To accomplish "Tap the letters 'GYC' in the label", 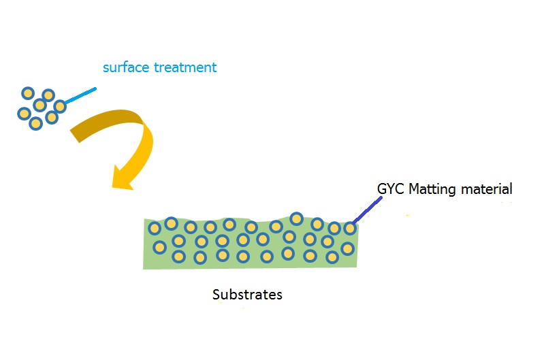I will [390, 189].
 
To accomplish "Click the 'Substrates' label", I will [247, 295].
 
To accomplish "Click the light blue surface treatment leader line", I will [80, 96].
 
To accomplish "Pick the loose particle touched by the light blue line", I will [60, 106].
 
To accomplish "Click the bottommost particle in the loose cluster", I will [36, 124].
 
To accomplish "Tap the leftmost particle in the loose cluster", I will [24, 113].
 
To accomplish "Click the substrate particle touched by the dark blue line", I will [350, 229].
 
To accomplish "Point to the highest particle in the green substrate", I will [296, 218].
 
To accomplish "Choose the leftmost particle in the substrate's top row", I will [155, 229].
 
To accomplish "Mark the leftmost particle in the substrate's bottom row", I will [179, 257].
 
